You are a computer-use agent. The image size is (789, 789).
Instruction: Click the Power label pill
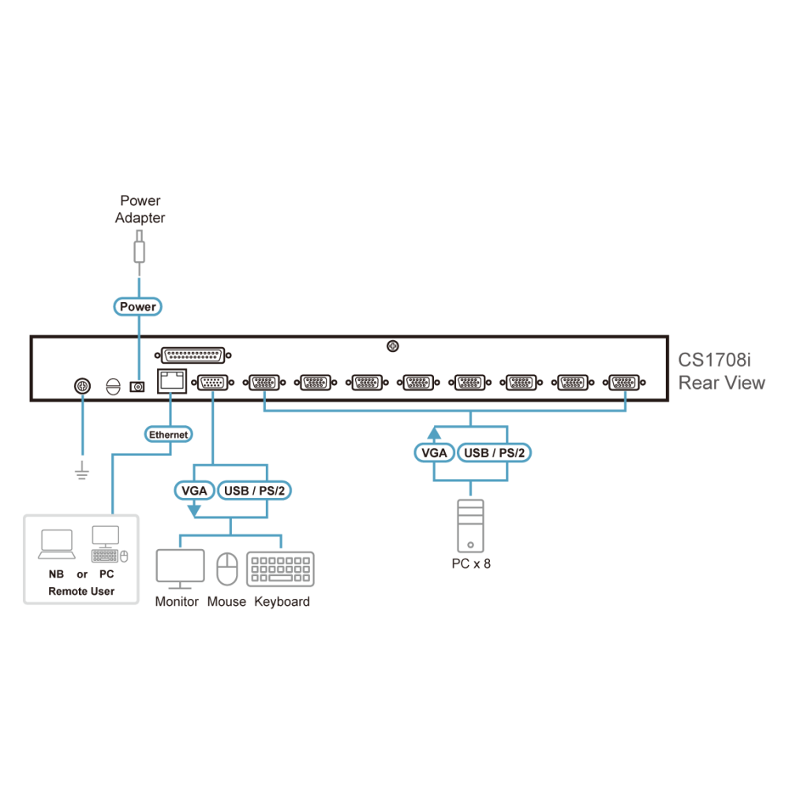[x=137, y=306]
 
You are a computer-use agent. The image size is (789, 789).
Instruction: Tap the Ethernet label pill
[x=169, y=434]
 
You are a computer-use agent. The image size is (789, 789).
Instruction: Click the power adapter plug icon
[x=140, y=252]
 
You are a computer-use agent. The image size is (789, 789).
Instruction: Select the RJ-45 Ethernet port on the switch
[x=171, y=381]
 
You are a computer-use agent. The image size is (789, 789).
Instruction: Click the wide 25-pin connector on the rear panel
[x=193, y=355]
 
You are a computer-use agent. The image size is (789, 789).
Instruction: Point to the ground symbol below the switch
[x=82, y=472]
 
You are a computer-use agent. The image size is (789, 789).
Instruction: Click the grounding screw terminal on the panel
[x=83, y=386]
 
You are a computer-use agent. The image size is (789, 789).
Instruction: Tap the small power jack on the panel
[x=137, y=387]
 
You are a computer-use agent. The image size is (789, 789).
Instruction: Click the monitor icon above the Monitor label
[x=180, y=569]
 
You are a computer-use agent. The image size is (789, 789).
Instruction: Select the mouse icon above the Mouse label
[x=227, y=569]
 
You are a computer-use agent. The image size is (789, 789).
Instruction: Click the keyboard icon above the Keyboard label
[x=280, y=569]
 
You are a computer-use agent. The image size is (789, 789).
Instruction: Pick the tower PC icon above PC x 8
[x=470, y=525]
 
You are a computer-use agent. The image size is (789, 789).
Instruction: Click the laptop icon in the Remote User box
[x=57, y=544]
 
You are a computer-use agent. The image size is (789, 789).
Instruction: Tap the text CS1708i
[x=714, y=360]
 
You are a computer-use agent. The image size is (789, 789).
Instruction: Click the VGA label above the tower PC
[x=434, y=453]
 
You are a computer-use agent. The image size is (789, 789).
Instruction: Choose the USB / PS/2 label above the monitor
[x=254, y=491]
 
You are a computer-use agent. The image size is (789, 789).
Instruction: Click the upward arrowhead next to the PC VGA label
[x=434, y=433]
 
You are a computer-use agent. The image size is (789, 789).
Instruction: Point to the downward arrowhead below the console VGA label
[x=194, y=510]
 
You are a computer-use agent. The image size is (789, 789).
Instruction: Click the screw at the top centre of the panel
[x=392, y=346]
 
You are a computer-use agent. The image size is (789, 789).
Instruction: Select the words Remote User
[x=81, y=591]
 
